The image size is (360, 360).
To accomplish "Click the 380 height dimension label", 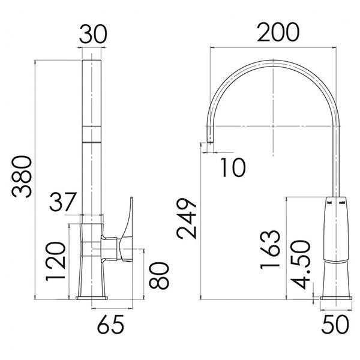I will pos(22,178).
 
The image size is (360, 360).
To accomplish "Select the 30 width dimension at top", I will pos(93,35).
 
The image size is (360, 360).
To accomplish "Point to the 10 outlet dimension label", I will pos(231,167).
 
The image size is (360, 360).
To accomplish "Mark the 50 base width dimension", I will pos(336,325).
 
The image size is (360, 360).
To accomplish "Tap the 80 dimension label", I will pos(160,274).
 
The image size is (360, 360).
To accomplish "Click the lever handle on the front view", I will pos(127,231).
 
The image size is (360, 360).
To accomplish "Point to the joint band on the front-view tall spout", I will pos(92,133).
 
